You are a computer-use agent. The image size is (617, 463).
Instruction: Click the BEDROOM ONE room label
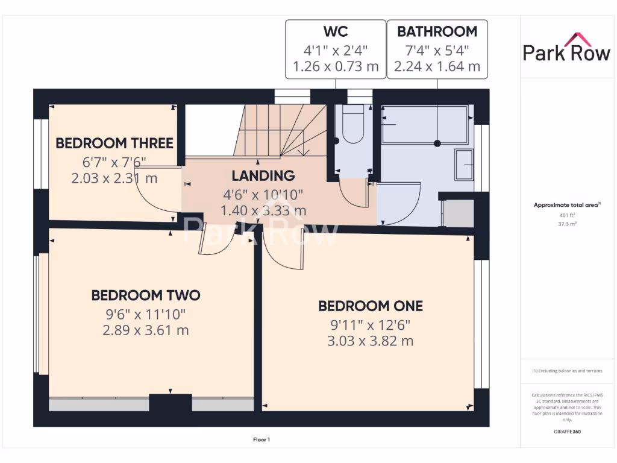tap(370, 306)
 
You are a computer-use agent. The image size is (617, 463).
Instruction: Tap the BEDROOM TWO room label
tap(145, 295)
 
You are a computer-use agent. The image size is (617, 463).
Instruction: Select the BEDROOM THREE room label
tap(114, 143)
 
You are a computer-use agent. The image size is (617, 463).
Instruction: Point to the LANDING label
tap(263, 176)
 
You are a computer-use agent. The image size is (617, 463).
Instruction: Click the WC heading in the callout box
tap(335, 31)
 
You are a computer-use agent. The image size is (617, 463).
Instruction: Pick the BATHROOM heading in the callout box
tap(437, 31)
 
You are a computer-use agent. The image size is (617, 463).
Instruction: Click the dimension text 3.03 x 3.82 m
tap(370, 341)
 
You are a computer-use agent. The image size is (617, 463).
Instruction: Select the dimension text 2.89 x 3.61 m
tap(145, 330)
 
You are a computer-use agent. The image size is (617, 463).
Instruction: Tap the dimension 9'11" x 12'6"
tap(370, 324)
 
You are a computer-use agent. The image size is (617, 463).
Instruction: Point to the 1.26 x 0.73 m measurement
tap(335, 66)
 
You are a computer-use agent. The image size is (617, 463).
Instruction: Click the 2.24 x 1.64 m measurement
tap(437, 66)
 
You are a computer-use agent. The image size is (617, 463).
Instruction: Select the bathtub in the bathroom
tap(425, 125)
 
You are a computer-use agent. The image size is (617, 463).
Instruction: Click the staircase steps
tap(283, 130)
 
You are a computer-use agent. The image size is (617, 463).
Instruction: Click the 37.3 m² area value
tap(565, 223)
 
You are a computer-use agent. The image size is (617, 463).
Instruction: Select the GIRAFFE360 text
tap(566, 432)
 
